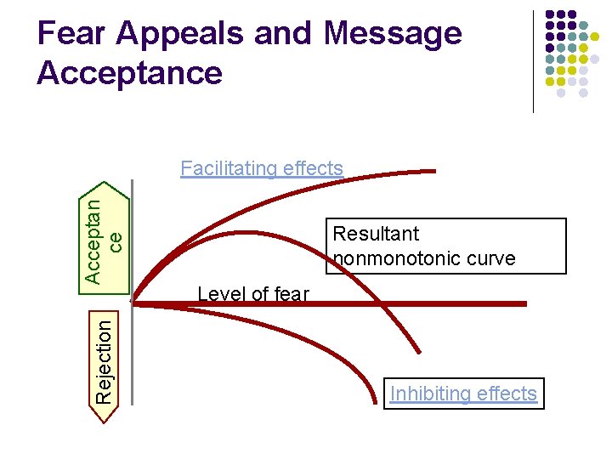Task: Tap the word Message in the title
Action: coord(393,34)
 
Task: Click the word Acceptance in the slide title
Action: coord(129,73)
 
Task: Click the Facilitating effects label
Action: coord(262,168)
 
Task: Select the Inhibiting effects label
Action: coord(463,394)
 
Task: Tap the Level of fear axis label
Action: coord(252,294)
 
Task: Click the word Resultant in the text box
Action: coord(376,234)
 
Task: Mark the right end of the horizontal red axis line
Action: coord(524,303)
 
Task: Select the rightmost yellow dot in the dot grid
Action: coord(595,37)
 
